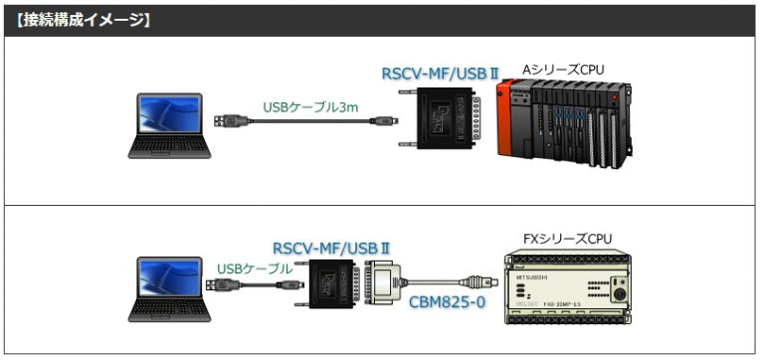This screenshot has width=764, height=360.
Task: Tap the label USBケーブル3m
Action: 309,105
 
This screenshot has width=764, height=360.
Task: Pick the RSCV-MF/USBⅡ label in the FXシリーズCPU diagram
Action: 330,248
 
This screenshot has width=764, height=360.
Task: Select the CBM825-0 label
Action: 446,299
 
